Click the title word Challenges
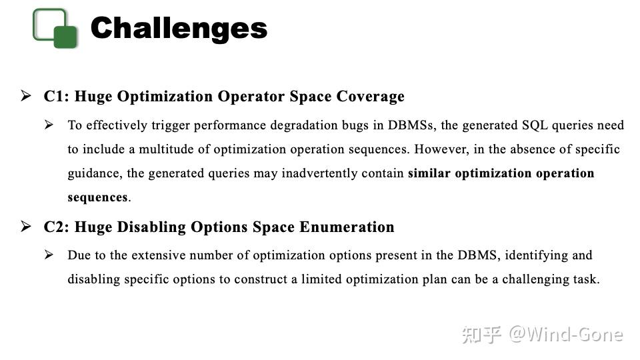point(179,28)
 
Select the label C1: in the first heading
point(57,97)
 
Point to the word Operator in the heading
point(252,97)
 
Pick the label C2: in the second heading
point(57,227)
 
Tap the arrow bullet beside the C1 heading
point(26,97)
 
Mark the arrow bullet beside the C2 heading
point(26,227)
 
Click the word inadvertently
point(319,173)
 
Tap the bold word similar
point(429,173)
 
